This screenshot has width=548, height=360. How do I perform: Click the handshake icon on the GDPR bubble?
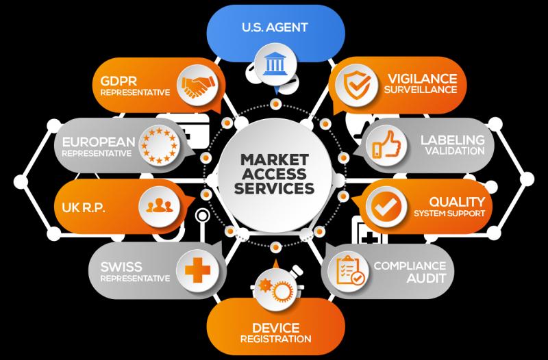coord(198,86)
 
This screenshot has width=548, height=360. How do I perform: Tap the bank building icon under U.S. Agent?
coord(275,64)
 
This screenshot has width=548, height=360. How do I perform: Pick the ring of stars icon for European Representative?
coord(159,145)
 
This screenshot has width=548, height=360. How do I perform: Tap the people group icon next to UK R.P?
coord(159,205)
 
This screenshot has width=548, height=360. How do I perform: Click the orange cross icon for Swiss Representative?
coord(197,270)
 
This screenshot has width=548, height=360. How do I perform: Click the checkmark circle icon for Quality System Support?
coord(386,207)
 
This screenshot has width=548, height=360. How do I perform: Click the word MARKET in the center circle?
coord(275,159)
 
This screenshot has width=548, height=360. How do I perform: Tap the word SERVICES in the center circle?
coord(275,188)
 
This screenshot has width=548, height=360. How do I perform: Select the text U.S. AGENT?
coord(275,27)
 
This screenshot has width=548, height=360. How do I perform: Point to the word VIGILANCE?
coord(422,79)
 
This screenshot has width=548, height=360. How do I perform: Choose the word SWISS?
coord(121,267)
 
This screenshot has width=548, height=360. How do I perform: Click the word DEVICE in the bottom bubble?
coord(276,328)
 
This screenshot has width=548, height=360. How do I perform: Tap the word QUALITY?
coord(457,202)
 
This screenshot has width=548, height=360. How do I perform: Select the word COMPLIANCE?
coord(410,266)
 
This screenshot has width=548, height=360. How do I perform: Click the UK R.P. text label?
coord(84,207)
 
